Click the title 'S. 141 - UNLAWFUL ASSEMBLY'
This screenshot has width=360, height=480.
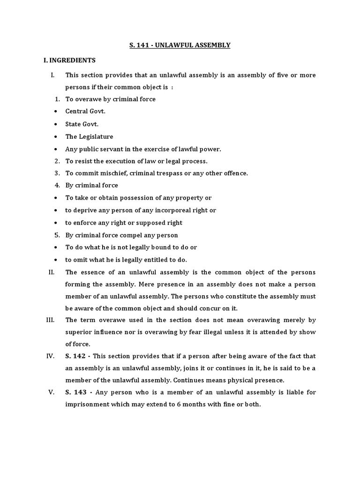pyautogui.click(x=180, y=45)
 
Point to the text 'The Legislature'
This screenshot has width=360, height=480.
pyautogui.click(x=89, y=136)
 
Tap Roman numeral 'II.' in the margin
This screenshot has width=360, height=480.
pyautogui.click(x=52, y=272)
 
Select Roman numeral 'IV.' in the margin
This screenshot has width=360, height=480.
pyautogui.click(x=51, y=356)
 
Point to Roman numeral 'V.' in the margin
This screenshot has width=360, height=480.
pyautogui.click(x=52, y=392)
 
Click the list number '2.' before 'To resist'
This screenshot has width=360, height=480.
pyautogui.click(x=57, y=161)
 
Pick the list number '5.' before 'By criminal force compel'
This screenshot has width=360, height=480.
pyautogui.click(x=57, y=235)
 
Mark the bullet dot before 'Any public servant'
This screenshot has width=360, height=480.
pyautogui.click(x=56, y=149)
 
